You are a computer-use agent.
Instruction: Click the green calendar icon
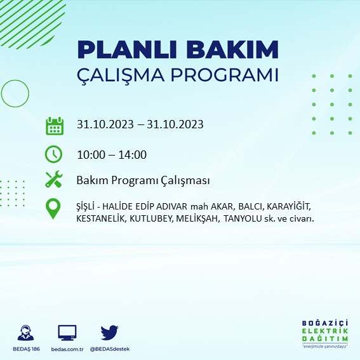(x=54, y=125)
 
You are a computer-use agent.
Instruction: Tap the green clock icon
(x=54, y=154)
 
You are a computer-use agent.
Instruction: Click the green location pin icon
(x=54, y=209)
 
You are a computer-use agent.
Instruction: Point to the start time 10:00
(x=90, y=154)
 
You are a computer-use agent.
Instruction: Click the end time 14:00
(x=133, y=154)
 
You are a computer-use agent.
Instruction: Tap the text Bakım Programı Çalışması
(x=143, y=180)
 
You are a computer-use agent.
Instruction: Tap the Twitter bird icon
(x=109, y=331)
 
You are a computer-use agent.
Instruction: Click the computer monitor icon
(x=67, y=332)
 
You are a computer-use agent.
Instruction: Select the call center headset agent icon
(x=26, y=332)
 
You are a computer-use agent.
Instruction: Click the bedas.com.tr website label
(x=67, y=350)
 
